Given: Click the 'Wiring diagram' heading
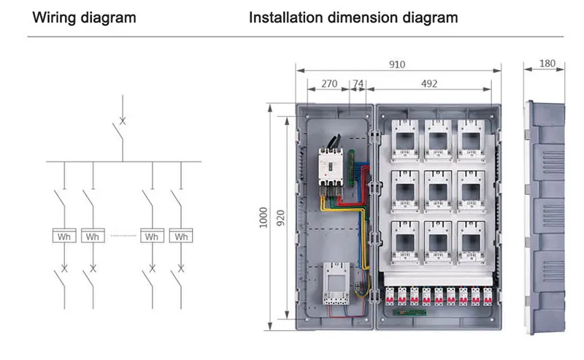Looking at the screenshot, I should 83,17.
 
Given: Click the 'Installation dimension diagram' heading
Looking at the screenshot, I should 353,17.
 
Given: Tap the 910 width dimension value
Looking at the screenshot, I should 396,65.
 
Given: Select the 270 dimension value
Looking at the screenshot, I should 329,84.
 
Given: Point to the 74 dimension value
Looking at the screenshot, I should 358,84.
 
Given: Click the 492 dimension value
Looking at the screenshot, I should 429,84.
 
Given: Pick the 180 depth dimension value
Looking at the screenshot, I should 546,64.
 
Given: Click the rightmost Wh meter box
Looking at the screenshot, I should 181,237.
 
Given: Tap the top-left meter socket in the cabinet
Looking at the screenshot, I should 403,139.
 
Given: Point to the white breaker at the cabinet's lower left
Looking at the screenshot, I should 334,284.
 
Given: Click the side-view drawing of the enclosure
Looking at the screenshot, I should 546,218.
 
